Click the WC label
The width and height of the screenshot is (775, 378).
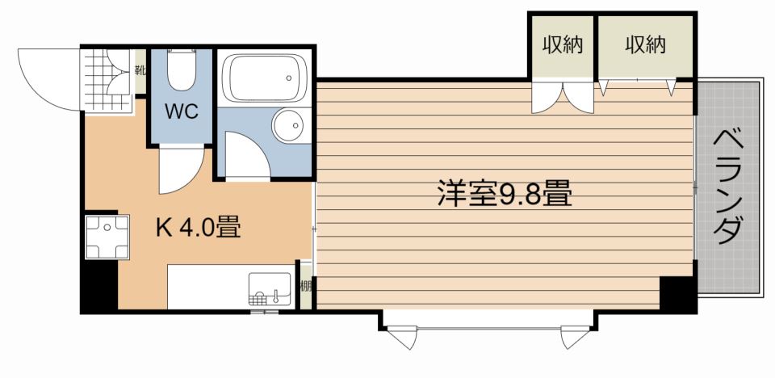[x=182, y=111]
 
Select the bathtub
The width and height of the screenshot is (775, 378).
[x=265, y=78]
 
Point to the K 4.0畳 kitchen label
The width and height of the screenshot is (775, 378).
[x=199, y=228]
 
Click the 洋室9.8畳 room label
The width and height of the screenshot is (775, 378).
[x=504, y=194]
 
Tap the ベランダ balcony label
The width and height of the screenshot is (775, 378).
[x=729, y=186]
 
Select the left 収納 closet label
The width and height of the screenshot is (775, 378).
[x=563, y=45]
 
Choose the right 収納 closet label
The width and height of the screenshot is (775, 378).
[x=645, y=45]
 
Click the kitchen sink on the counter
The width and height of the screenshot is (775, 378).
[x=270, y=288]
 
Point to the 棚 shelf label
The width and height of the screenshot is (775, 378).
[x=306, y=286]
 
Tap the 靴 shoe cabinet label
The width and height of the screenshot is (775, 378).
[x=140, y=70]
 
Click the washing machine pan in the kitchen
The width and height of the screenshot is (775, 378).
[x=107, y=237]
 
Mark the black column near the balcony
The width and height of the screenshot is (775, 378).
[x=678, y=294]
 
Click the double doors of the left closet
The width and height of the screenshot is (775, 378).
[x=563, y=97]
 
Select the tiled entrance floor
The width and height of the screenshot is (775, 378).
[x=108, y=80]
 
